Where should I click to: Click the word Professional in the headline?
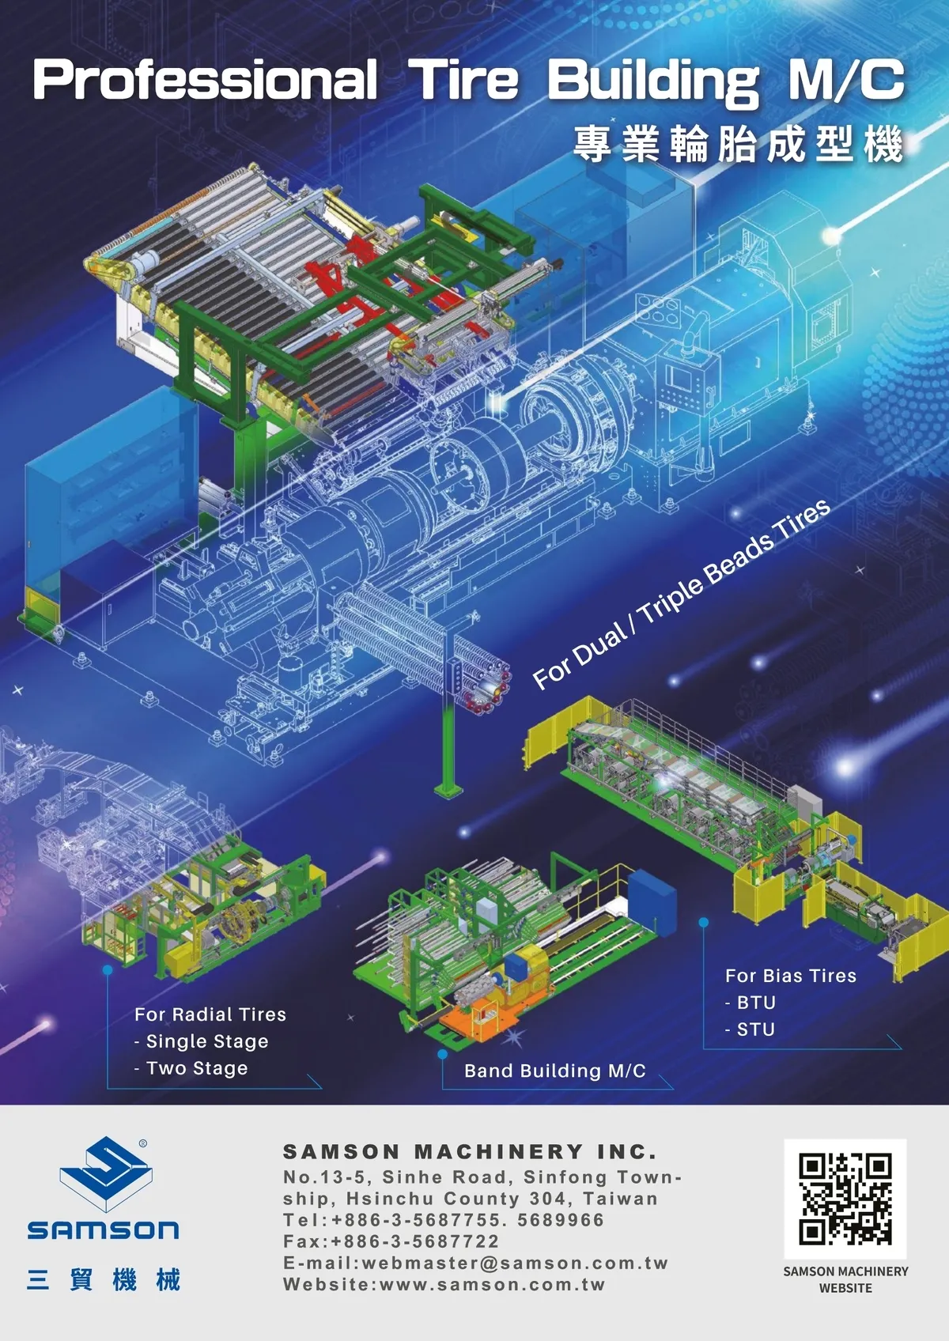(x=205, y=80)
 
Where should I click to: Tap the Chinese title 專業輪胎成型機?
(x=738, y=144)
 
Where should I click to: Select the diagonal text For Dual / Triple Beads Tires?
(x=682, y=595)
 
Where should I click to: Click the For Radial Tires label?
(x=210, y=1014)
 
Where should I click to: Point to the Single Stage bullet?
(x=201, y=1041)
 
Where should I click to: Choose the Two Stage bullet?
(x=191, y=1068)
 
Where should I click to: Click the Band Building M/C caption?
(x=555, y=1071)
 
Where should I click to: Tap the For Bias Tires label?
(x=790, y=976)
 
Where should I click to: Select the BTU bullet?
(x=751, y=1002)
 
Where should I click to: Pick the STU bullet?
(x=751, y=1029)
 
